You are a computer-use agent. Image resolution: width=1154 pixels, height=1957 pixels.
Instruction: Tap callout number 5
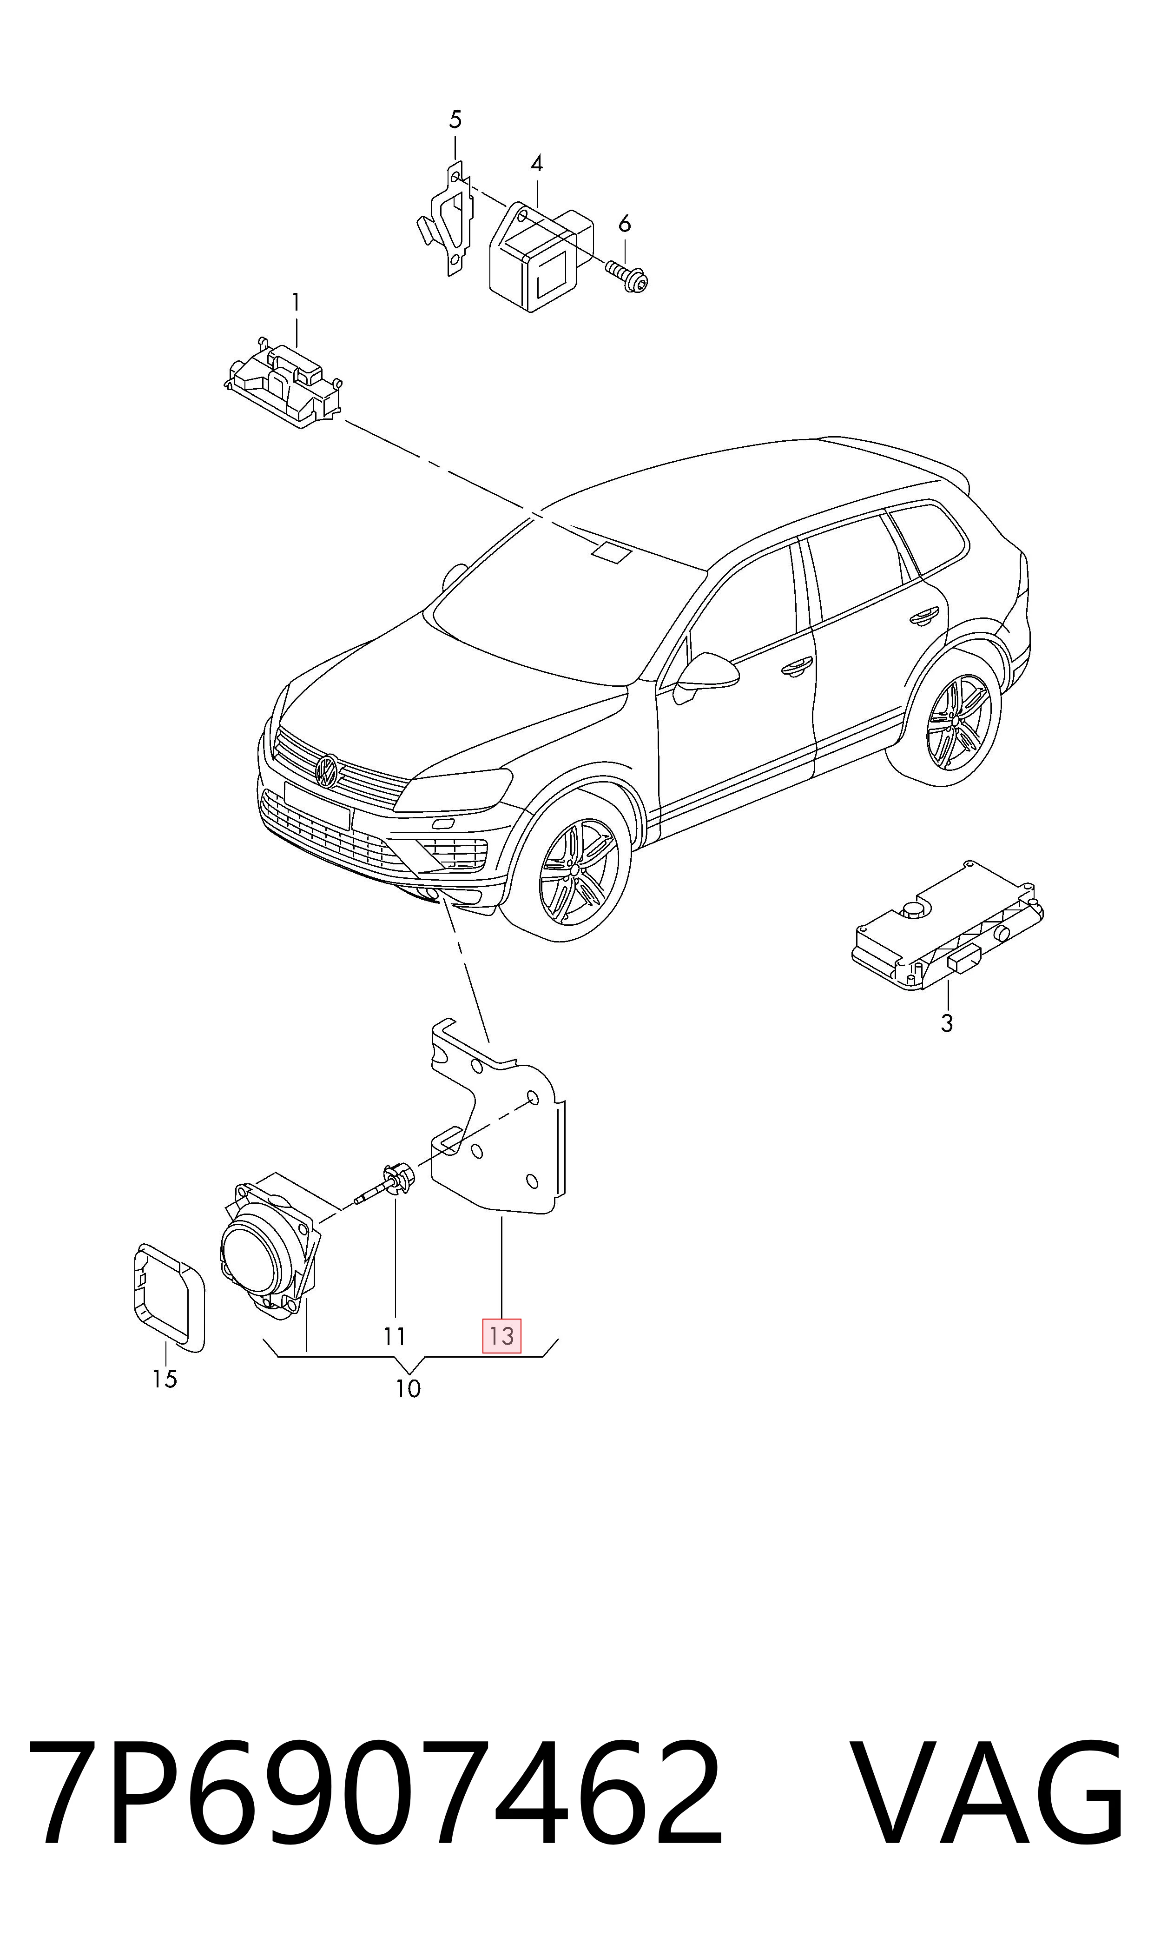point(455,120)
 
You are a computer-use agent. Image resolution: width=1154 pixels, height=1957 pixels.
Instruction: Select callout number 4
point(536,163)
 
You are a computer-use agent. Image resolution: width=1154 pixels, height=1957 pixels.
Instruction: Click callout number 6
point(625,224)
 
